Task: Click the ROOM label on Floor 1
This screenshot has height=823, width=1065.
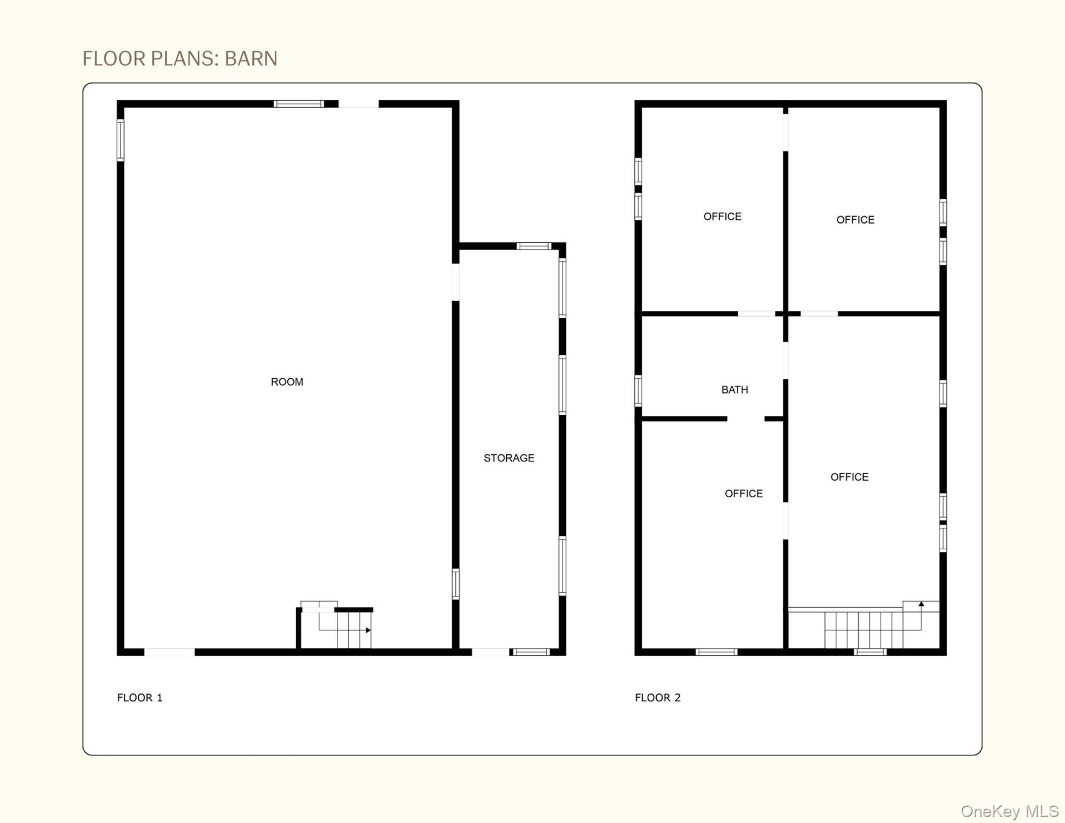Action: coord(287,382)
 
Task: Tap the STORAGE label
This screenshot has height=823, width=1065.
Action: coord(508,458)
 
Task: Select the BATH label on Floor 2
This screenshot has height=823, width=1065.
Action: coord(734,390)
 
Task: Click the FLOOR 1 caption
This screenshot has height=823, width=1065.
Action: coord(139,698)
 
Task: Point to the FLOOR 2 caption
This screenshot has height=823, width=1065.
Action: coord(657,698)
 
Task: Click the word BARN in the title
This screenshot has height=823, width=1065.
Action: coord(251,58)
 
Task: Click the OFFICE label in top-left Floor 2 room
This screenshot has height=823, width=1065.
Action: coord(722,216)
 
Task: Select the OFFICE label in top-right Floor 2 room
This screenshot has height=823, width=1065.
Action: coord(855,220)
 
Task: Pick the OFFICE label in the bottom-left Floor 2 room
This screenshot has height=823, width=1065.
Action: coord(744,493)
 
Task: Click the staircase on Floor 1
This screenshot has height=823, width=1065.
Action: coord(343,631)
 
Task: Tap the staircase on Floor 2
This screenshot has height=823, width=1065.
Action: coord(862,629)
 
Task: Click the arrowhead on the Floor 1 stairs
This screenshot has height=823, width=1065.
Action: coord(368,630)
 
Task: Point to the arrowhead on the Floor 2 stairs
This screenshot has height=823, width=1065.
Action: coord(921,604)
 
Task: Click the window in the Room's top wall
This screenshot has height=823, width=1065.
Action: coord(298,104)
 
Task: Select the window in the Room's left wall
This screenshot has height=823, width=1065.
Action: coord(121,140)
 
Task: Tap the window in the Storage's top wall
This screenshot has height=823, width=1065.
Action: coord(534,246)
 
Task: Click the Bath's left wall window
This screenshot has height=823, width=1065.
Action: coord(638,391)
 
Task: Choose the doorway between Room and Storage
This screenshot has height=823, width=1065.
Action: coord(456,282)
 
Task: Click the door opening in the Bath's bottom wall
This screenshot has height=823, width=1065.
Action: coord(745,419)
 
